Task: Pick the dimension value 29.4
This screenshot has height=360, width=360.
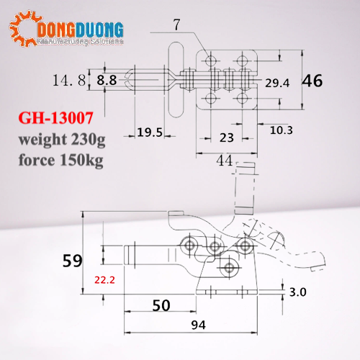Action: [276, 83]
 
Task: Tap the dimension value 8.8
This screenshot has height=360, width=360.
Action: [106, 81]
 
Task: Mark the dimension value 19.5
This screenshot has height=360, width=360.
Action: [149, 132]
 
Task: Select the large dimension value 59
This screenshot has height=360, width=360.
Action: [73, 260]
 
